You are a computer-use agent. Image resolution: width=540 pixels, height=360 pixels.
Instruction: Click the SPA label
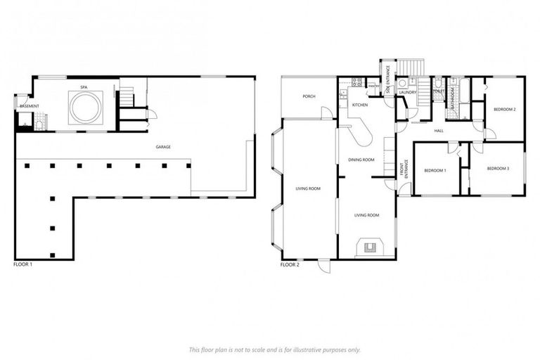83,86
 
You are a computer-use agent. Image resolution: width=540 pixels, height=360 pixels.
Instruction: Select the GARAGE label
163,147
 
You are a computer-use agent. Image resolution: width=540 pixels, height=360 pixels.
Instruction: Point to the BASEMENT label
30,106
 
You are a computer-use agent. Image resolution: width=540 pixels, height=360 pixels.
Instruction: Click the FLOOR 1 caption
23,264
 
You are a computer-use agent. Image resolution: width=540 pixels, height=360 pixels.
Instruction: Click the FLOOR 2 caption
290,265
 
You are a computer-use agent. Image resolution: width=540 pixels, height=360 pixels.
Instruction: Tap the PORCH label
308,96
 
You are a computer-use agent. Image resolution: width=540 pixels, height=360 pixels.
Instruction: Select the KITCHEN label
359,105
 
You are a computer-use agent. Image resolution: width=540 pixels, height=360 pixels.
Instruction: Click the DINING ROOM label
361,160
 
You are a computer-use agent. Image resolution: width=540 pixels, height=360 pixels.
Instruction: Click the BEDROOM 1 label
435,169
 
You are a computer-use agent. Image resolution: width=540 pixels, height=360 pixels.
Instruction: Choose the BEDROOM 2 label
504,110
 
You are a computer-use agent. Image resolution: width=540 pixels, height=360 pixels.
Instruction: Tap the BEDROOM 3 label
498,169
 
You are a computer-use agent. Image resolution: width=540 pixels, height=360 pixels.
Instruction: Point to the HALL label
439,131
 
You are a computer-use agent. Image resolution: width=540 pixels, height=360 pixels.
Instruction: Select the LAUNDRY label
407,92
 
